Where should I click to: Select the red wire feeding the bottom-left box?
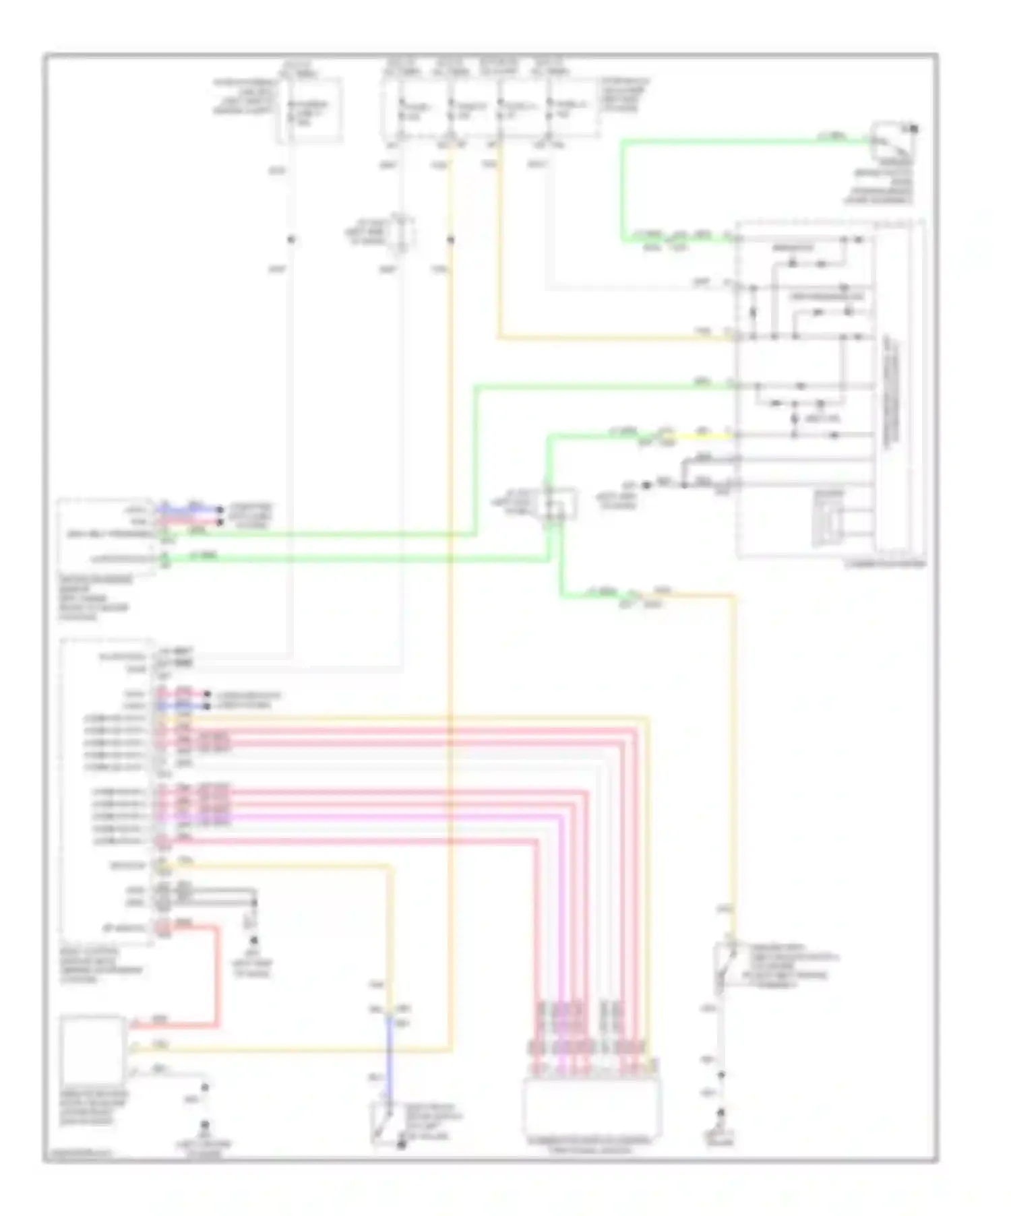pyautogui.click(x=217, y=977)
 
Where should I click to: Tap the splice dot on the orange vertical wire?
pyautogui.click(x=451, y=239)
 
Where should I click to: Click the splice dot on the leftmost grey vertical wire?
pyautogui.click(x=291, y=239)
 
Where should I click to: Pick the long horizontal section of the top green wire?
pyautogui.click(x=741, y=141)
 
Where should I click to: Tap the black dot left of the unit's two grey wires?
pyautogui.click(x=647, y=484)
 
